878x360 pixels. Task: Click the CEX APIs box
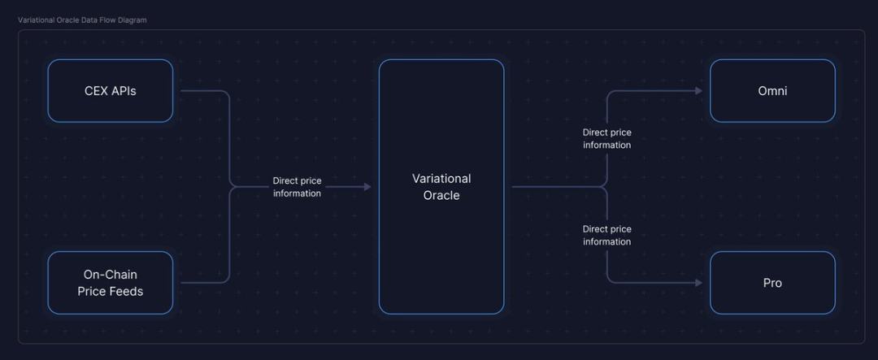110,90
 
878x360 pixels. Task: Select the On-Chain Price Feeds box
110,283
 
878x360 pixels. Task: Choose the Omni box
772,90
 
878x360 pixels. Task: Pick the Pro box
772,283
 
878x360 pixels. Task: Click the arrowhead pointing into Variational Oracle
367,187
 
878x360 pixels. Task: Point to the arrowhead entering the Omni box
698,91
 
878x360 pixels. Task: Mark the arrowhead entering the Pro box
698,283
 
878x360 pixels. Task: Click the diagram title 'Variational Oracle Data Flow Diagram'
82,20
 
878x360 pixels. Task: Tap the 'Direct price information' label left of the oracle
297,187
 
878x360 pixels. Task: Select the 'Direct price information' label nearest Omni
606,138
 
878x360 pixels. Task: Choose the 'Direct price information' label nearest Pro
606,235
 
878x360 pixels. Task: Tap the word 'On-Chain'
110,275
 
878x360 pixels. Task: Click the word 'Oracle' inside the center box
441,196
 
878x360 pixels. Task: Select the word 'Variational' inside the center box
441,179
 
